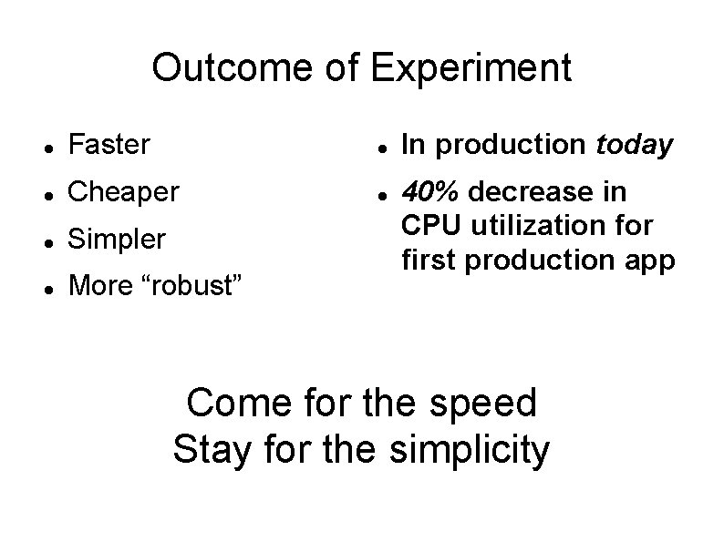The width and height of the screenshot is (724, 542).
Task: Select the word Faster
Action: [109, 144]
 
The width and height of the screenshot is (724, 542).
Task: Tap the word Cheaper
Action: [124, 192]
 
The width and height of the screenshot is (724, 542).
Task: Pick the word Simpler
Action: [118, 240]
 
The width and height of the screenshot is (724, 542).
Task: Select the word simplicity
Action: [470, 450]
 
